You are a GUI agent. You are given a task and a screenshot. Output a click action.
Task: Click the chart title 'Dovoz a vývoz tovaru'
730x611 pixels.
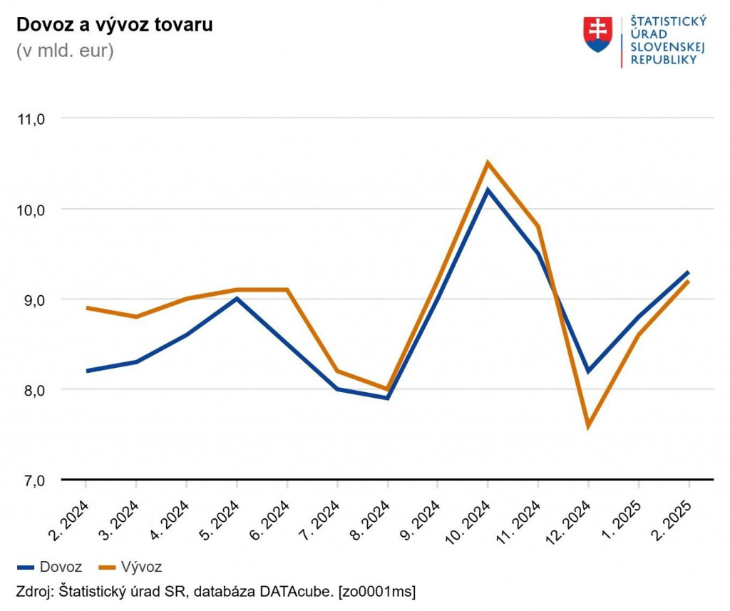tap(114, 25)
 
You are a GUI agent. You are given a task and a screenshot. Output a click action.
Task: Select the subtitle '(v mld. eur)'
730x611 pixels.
tap(65, 51)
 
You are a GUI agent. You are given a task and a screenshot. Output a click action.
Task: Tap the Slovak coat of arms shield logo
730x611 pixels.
tap(597, 35)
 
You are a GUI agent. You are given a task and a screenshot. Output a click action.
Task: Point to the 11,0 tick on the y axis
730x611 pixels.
tap(31, 119)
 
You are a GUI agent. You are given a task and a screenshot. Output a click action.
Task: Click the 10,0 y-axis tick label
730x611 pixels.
tap(31, 210)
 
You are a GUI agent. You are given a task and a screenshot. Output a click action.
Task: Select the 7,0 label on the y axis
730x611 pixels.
tap(31, 481)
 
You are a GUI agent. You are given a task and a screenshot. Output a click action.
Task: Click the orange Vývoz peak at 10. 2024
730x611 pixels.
tap(488, 163)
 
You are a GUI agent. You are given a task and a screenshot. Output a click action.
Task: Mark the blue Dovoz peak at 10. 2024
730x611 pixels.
tap(488, 190)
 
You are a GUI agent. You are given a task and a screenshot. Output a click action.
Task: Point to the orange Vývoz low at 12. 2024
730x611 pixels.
tap(588, 426)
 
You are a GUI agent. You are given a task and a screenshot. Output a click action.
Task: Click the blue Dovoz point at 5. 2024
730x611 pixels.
tap(237, 299)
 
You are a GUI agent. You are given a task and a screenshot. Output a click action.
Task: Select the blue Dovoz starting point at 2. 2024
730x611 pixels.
tap(86, 371)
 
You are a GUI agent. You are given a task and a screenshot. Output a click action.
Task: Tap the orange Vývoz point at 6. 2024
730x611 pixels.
tap(287, 289)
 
